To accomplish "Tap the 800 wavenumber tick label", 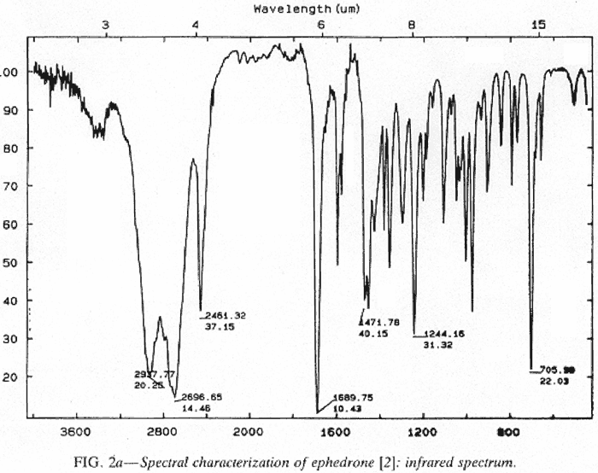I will [x=509, y=431].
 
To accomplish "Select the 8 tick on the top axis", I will [x=412, y=26].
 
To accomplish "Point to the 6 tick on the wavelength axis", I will [x=321, y=26].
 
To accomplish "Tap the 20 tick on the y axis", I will [x=11, y=377].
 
